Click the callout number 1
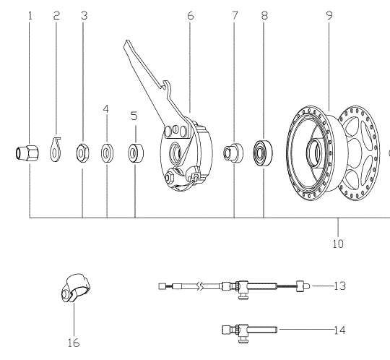tap(30, 16)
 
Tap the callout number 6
tap(190, 15)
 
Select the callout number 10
tap(338, 244)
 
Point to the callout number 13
tap(339, 286)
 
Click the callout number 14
tap(339, 330)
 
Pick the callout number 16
tap(74, 343)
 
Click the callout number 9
tap(329, 15)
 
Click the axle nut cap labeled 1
tap(27, 153)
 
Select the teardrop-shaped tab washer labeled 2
tap(55, 150)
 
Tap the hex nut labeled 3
tap(83, 153)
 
